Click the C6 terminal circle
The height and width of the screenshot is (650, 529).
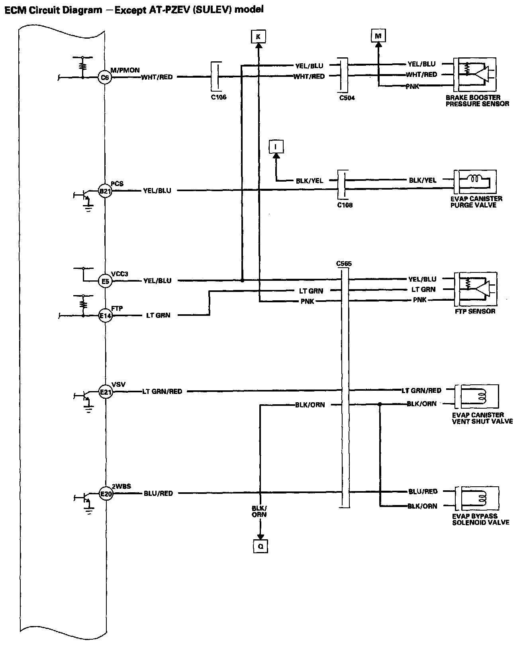click(104, 77)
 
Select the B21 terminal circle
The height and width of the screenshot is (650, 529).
click(105, 191)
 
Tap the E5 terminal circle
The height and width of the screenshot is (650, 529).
click(105, 282)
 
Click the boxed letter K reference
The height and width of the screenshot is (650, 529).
click(259, 37)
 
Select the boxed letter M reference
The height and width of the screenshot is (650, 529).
click(378, 36)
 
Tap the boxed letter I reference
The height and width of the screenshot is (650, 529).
click(276, 147)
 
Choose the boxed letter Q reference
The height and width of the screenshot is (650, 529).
click(261, 546)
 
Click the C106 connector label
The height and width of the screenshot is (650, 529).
click(219, 97)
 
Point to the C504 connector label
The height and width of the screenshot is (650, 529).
click(347, 98)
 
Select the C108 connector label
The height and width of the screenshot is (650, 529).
click(345, 205)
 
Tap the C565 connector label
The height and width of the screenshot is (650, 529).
click(344, 264)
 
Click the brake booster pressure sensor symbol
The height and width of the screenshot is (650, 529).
click(476, 74)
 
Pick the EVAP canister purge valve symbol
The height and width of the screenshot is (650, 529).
click(476, 182)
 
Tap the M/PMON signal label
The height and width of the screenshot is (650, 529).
click(125, 70)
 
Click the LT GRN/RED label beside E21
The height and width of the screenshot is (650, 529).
click(162, 392)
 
